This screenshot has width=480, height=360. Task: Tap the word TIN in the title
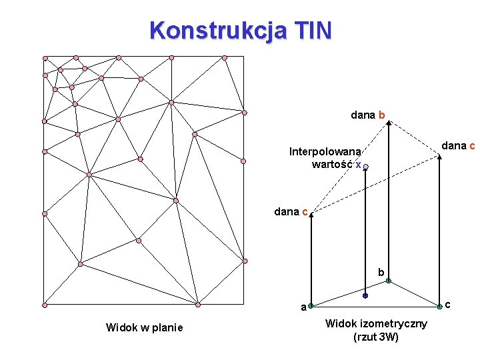pyautogui.click(x=310, y=31)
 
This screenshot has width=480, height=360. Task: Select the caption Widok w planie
pyautogui.click(x=144, y=327)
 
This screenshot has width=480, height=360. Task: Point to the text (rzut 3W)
pyautogui.click(x=376, y=337)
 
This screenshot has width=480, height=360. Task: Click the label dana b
pyautogui.click(x=367, y=115)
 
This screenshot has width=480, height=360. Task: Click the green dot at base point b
pyautogui.click(x=387, y=281)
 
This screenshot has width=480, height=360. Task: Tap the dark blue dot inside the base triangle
pyautogui.click(x=365, y=295)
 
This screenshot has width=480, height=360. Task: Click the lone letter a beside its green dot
pyautogui.click(x=303, y=308)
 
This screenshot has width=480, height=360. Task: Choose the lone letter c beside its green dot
pyautogui.click(x=448, y=305)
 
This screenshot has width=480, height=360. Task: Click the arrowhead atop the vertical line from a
pyautogui.click(x=311, y=215)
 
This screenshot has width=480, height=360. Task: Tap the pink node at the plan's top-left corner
pyautogui.click(x=45, y=58)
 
